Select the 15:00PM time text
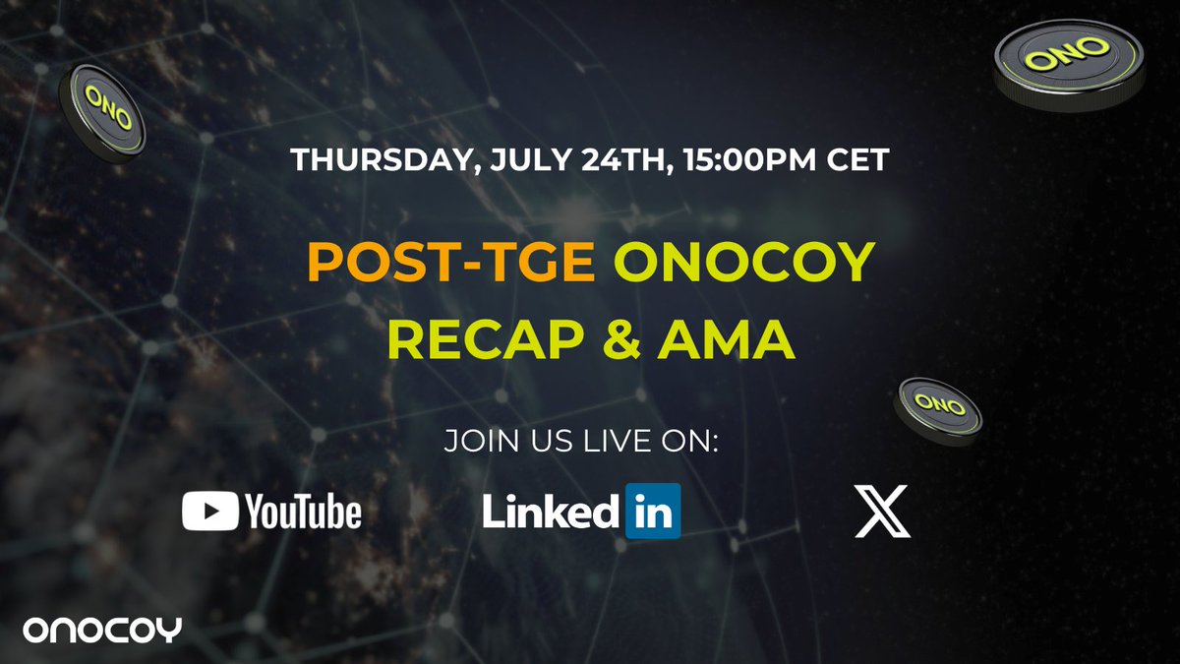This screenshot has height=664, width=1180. coord(750,159)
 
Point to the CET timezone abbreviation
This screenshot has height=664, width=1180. coord(858,159)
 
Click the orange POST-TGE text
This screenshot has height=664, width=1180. coord(451,262)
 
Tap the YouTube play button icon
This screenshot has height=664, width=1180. coord(209,511)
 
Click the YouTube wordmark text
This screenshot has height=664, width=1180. coord(303,512)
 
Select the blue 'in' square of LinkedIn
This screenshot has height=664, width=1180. coord(653,512)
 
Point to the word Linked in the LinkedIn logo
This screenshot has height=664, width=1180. coord(551,511)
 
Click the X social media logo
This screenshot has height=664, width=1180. coord(882,512)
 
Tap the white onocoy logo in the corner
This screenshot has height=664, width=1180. coord(102,631)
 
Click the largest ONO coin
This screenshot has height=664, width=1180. coord(1070,65)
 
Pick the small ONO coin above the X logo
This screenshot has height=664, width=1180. coord(938,411)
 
